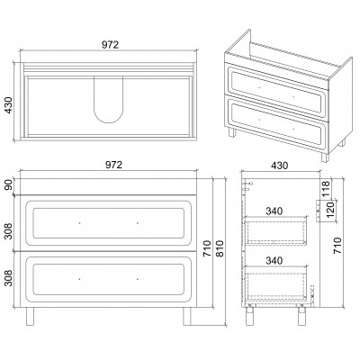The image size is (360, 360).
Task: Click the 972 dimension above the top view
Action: (x=110, y=44)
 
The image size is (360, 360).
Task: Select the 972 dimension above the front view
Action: (x=114, y=165)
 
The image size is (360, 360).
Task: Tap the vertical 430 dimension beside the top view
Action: (x=9, y=105)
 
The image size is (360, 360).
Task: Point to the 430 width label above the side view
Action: (x=279, y=166)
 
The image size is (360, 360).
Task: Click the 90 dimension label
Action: (x=9, y=184)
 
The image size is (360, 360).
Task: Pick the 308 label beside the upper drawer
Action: (x=9, y=231)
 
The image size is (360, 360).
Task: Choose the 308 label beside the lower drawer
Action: (x=9, y=278)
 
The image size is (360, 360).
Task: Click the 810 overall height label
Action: (x=220, y=248)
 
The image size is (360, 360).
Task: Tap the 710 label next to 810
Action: (x=207, y=248)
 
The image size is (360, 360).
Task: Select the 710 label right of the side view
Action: (x=337, y=246)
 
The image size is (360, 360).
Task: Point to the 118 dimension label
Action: (x=326, y=188)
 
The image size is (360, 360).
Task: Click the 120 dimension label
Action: (x=329, y=210)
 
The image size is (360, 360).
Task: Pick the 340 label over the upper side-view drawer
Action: (x=274, y=211)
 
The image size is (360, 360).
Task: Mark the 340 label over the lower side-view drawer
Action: (x=274, y=260)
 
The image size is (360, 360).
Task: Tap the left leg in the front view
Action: (x=30, y=316)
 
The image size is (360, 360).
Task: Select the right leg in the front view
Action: (x=187, y=316)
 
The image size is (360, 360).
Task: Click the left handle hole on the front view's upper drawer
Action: (x=79, y=223)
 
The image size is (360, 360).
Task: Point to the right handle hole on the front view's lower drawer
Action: (x=138, y=279)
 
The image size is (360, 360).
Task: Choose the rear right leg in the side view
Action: (x=301, y=314)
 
